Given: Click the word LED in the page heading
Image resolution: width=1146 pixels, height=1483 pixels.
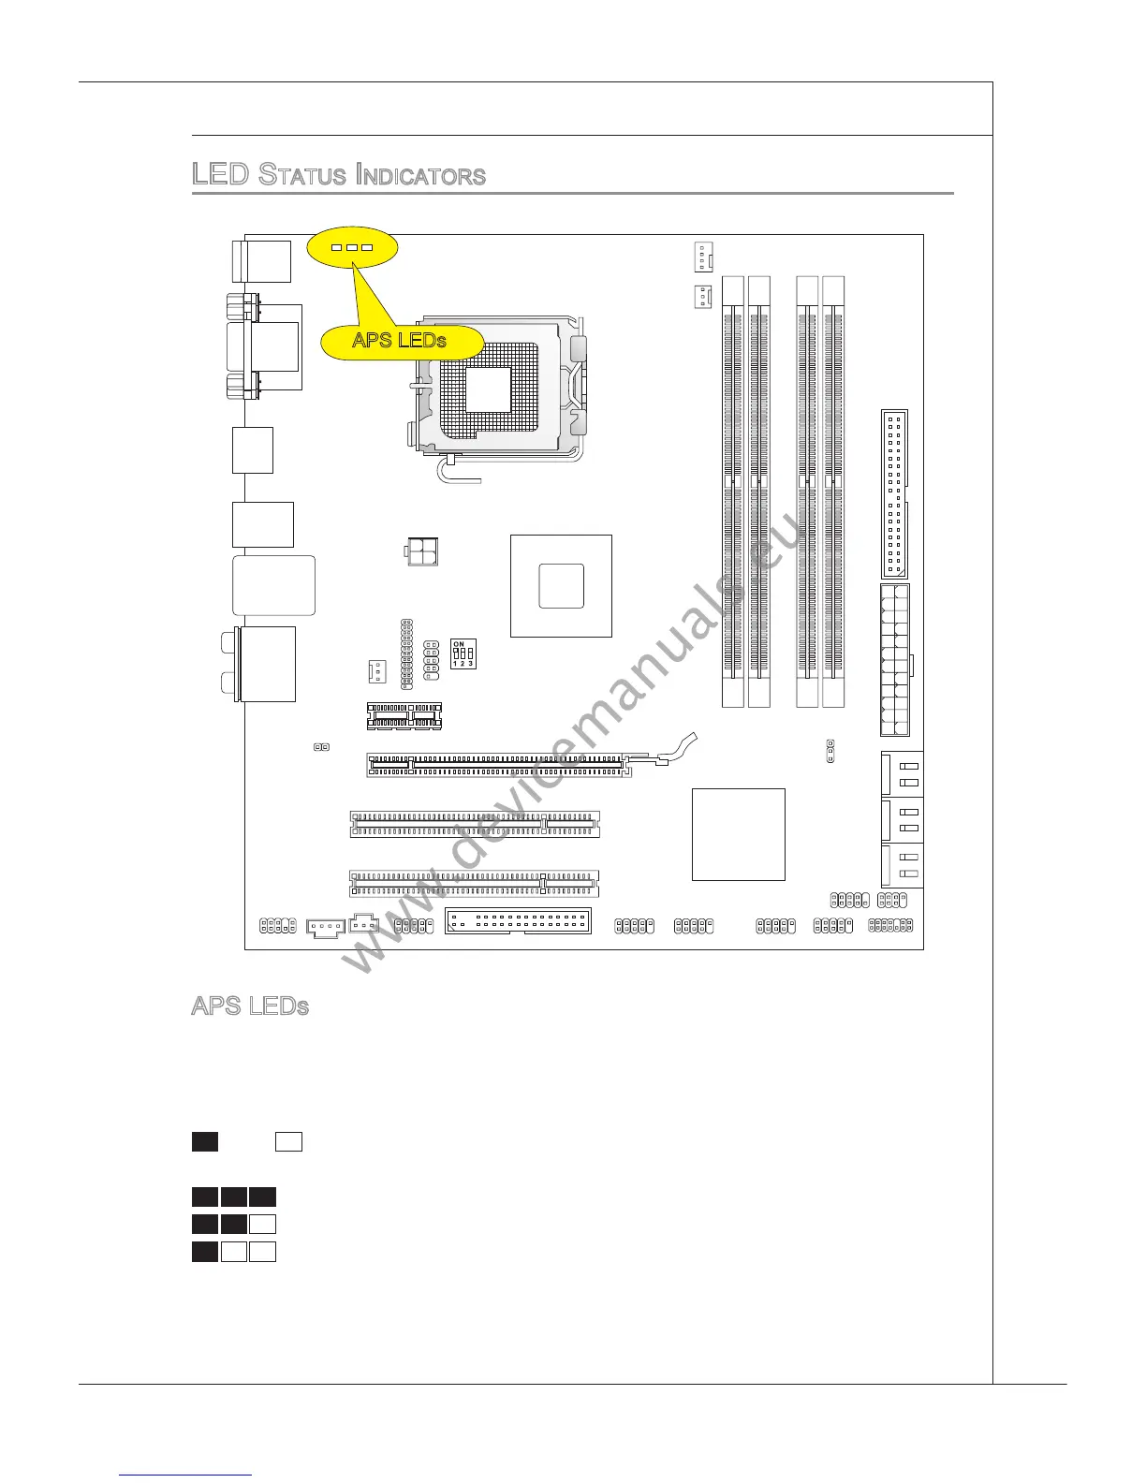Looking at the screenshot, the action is [219, 175].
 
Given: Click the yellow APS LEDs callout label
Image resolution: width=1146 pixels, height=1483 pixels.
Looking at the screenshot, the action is [400, 340].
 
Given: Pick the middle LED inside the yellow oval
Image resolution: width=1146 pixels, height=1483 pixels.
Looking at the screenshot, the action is [352, 248].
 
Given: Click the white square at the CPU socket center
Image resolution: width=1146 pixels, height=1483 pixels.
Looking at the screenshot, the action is [489, 389].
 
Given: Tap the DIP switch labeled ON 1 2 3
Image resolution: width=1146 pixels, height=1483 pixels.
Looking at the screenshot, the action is [463, 653].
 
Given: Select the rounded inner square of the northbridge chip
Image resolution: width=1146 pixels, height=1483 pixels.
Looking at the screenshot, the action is [562, 586].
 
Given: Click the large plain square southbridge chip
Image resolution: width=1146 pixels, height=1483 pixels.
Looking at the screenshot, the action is [738, 834].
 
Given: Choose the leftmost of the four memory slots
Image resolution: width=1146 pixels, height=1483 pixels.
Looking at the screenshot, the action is [733, 492].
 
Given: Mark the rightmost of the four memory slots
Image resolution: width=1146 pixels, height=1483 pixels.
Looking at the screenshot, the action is [833, 492].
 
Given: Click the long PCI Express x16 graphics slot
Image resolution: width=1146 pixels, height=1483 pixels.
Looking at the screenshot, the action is [496, 766].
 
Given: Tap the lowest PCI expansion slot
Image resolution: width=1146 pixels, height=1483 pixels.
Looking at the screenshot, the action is [475, 883].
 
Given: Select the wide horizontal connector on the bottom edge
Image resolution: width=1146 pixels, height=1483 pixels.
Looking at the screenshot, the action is [518, 921].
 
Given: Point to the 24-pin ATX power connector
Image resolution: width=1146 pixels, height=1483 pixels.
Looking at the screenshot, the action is [895, 660].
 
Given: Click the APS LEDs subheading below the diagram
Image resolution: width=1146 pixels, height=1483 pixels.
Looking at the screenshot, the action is [250, 1006].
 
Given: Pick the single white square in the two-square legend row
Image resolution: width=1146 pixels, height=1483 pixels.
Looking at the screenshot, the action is [288, 1141].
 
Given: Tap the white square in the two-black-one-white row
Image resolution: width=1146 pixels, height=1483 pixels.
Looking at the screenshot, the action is [263, 1224].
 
